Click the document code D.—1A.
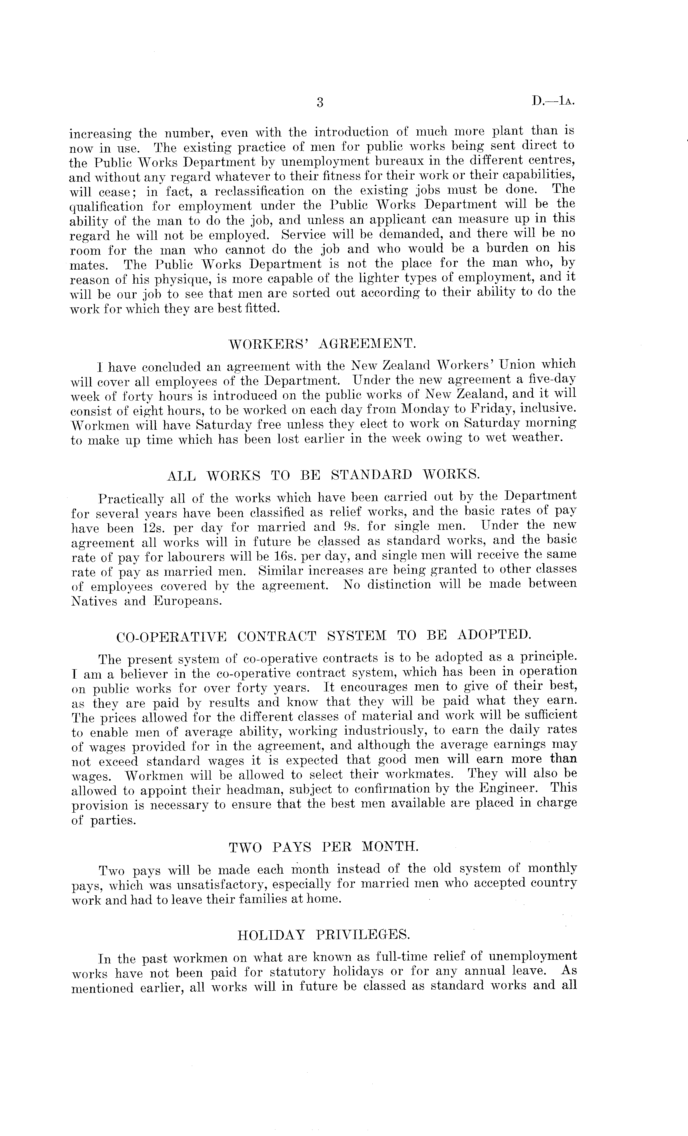[x=553, y=101]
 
